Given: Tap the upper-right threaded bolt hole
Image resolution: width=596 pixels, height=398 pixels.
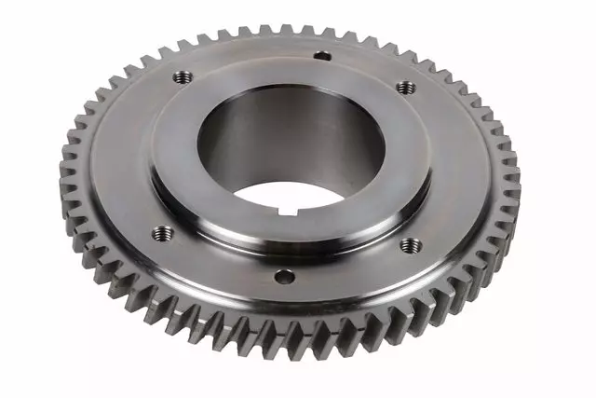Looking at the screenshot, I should (x=405, y=87).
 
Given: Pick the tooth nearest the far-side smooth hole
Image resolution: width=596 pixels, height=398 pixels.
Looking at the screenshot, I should (x=321, y=32).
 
